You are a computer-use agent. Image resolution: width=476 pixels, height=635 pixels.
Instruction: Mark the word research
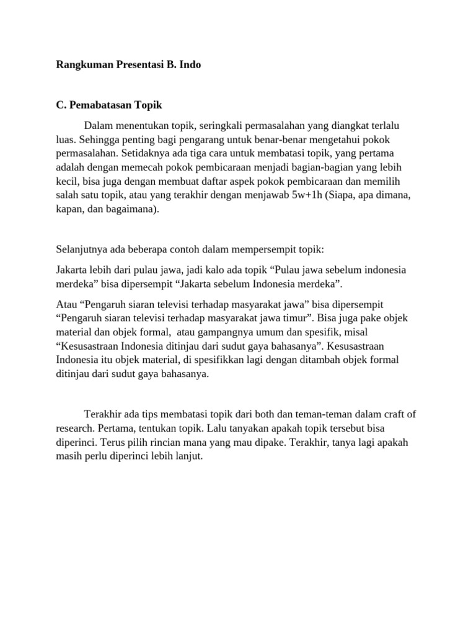(75, 428)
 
